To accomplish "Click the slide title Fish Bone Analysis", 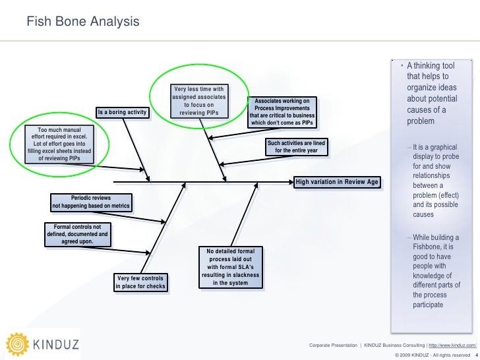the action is (x=83, y=22).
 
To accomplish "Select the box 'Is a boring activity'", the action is (x=123, y=113).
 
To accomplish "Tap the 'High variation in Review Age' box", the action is (x=337, y=181).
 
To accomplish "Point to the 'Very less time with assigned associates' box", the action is (x=199, y=102).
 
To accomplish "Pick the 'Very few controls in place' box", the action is (x=140, y=282).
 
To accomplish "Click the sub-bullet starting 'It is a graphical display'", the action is (x=434, y=181).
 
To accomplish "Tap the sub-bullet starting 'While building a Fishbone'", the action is (x=435, y=271).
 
